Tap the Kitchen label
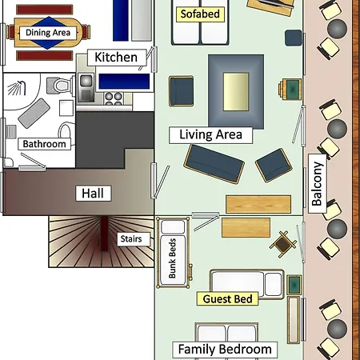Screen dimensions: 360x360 coord(116,57)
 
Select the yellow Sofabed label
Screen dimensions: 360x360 coord(200,14)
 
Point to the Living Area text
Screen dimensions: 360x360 coord(210,134)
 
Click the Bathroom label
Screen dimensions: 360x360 coord(45,145)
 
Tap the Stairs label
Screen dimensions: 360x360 coord(130,238)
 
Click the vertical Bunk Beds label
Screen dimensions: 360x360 coord(172,258)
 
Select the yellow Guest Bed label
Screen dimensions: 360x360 coord(228,299)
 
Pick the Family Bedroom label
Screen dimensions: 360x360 coord(225,350)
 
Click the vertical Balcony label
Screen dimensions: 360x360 coord(317,185)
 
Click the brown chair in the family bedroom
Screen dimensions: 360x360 coord(282,241)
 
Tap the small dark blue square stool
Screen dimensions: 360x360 coord(293,38)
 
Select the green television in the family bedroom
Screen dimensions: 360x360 coord(294,284)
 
